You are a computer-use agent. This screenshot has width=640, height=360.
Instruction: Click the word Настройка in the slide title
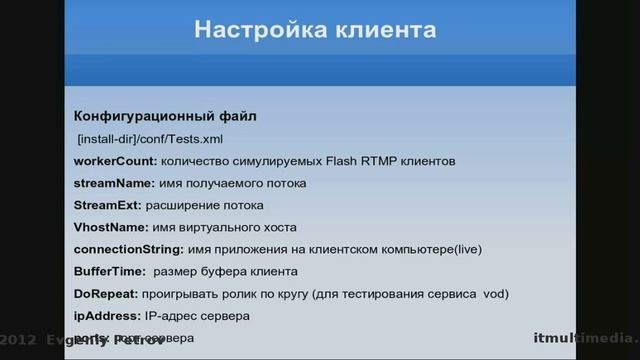[x=251, y=30]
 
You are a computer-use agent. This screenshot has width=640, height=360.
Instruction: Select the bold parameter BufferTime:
[x=109, y=271]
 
